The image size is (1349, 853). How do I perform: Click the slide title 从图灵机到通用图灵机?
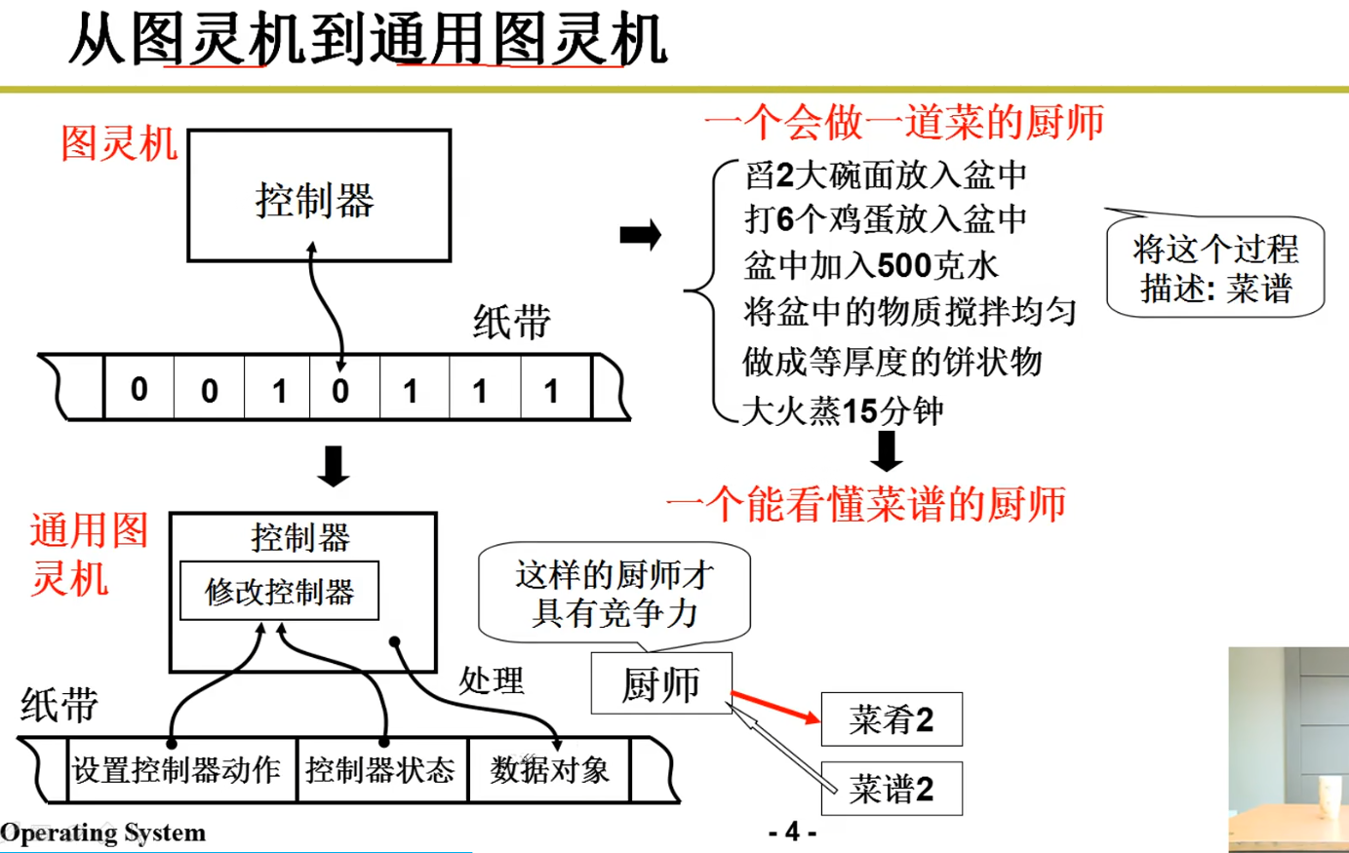click(368, 40)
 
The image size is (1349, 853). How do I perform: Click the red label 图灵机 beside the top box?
click(119, 144)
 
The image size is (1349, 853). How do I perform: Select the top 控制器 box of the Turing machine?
click(319, 196)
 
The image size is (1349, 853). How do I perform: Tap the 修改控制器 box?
click(279, 591)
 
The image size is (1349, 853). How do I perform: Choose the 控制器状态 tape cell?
click(381, 770)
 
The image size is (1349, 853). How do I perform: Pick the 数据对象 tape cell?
click(549, 770)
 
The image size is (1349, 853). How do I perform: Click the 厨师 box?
click(660, 683)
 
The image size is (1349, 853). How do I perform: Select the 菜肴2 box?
click(892, 719)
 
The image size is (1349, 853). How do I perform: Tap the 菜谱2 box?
click(892, 789)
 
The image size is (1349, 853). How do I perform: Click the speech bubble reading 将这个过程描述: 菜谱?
click(1215, 268)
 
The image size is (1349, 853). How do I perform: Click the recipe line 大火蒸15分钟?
click(844, 410)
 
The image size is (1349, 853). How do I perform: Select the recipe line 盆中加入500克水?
click(871, 265)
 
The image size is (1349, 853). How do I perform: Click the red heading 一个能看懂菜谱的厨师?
click(866, 504)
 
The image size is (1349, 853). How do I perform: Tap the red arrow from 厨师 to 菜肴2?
click(775, 708)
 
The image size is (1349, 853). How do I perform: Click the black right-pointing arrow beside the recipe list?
click(641, 235)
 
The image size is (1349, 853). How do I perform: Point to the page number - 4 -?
click(792, 832)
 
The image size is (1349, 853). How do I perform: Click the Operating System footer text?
click(103, 833)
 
